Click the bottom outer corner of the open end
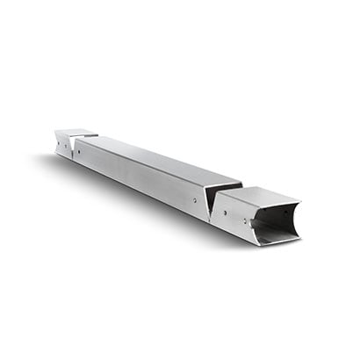pyautogui.click(x=260, y=245)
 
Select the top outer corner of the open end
pyautogui.click(x=300, y=202)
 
